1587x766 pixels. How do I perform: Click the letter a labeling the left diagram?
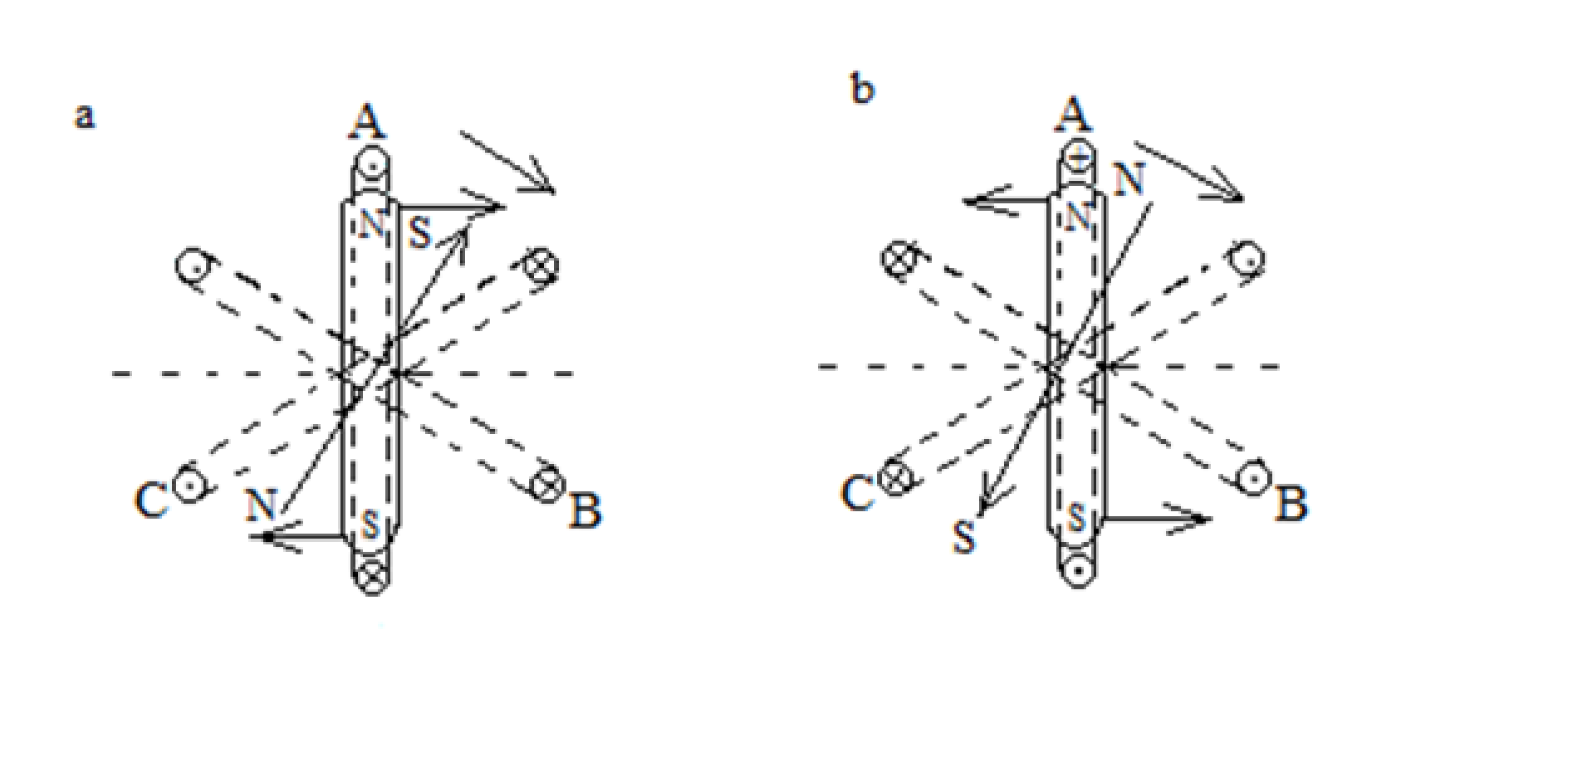point(85,117)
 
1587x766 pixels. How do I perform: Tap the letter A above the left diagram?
point(368,121)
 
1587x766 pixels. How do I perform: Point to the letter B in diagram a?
point(585,510)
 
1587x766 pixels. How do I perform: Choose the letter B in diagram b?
point(1291,502)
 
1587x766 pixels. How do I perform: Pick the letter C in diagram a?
point(151,500)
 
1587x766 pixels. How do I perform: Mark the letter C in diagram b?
point(858,493)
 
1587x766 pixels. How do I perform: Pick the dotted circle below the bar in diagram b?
point(1078,570)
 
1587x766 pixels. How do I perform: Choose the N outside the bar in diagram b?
point(1129,179)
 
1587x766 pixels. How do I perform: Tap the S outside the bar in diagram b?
point(963,537)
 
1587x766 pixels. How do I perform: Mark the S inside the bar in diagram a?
point(371,525)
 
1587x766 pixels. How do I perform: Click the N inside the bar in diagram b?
point(1077,217)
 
